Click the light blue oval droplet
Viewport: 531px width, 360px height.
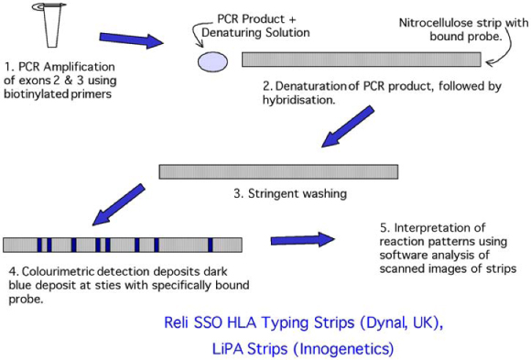[x=212, y=60]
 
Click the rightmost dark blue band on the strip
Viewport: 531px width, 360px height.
[x=211, y=245]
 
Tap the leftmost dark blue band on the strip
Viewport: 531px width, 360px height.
[x=39, y=245]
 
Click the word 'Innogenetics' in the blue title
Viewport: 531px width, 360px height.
[x=352, y=348]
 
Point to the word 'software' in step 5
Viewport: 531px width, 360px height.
[x=400, y=255]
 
